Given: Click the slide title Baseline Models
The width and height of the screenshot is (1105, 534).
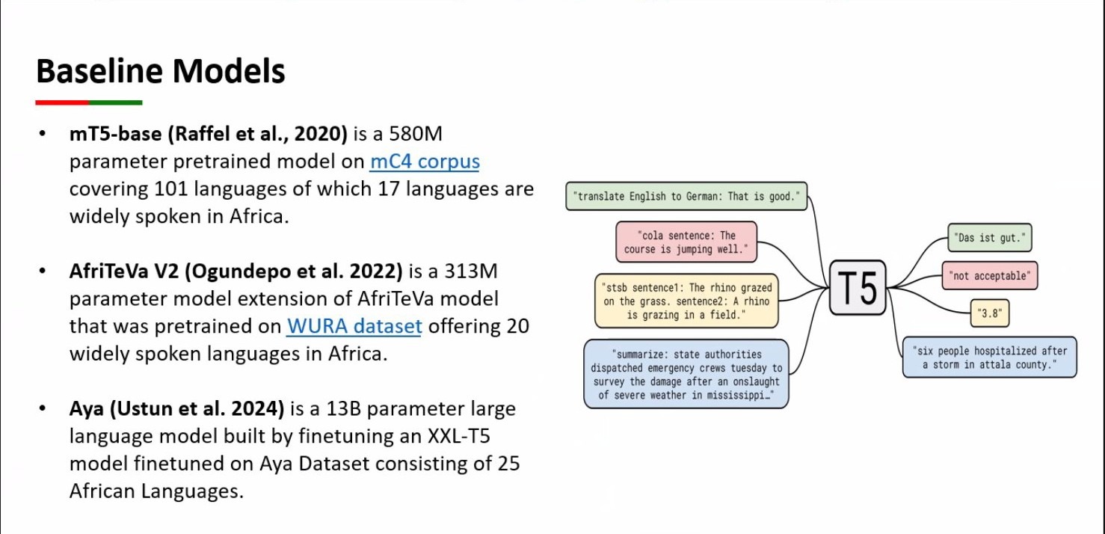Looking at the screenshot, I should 160,72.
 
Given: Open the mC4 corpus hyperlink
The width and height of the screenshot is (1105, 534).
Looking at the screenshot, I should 424,162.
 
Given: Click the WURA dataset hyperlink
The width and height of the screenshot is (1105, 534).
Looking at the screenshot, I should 354,326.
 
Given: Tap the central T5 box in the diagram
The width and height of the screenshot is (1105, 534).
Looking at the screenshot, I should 858,287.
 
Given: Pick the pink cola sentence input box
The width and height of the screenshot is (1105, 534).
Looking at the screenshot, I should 686,242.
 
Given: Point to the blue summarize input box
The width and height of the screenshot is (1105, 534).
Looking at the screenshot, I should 686,374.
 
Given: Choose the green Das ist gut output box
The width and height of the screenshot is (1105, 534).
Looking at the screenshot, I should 989,239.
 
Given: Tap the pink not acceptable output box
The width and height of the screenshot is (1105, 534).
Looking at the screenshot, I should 989,276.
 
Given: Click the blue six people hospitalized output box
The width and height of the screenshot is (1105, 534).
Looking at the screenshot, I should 989,357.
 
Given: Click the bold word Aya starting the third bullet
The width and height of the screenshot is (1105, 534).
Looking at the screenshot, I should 87,409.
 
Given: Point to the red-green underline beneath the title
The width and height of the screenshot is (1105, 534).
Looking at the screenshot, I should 88,102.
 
